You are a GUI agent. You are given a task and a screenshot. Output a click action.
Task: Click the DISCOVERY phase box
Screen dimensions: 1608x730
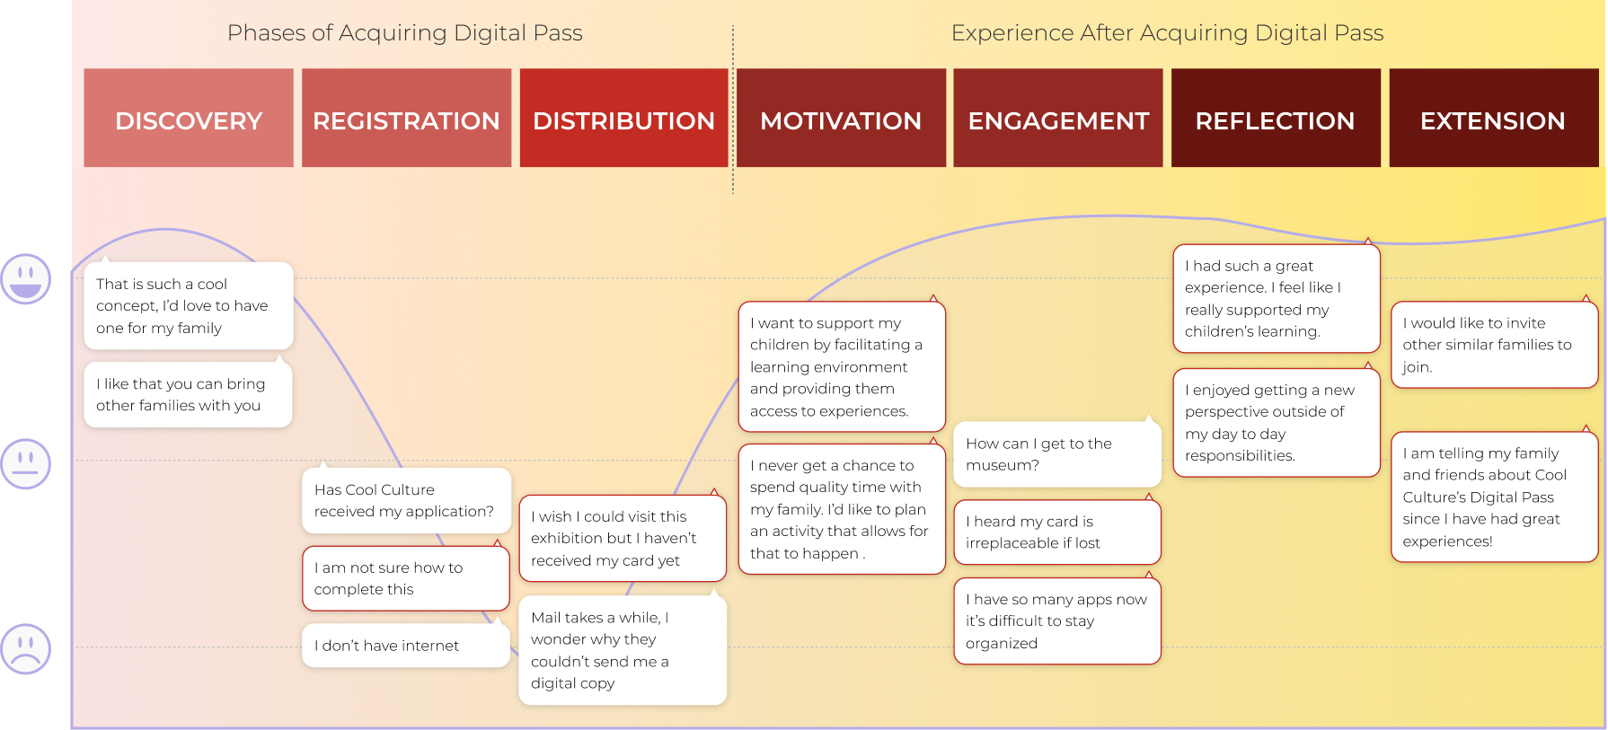point(189,118)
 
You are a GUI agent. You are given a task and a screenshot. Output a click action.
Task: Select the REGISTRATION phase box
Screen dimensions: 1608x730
point(406,118)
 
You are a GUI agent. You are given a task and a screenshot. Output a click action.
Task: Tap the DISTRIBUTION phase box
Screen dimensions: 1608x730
point(623,118)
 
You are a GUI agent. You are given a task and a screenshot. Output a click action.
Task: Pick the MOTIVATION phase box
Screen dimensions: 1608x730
point(841,118)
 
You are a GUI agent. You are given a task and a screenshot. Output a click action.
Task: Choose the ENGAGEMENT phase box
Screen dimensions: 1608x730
point(1058,118)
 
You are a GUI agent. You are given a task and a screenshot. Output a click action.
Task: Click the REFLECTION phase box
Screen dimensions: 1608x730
point(1276,118)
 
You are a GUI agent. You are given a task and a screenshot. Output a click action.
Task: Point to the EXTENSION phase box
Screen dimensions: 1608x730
point(1493,118)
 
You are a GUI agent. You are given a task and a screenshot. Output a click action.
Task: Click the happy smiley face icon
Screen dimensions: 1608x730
point(25,277)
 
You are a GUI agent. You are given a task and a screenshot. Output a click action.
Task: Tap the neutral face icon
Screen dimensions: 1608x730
point(25,463)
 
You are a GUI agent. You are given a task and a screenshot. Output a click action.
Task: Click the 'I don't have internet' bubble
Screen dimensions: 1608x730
point(405,646)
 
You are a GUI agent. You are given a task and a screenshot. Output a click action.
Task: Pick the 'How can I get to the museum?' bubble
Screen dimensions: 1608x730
point(1057,454)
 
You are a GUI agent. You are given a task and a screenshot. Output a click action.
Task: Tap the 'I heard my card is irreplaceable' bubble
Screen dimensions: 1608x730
point(1057,532)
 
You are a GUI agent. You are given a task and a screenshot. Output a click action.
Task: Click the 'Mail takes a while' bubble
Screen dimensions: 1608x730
point(623,650)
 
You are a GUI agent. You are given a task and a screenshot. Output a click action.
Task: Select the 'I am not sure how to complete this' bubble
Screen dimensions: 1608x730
point(405,578)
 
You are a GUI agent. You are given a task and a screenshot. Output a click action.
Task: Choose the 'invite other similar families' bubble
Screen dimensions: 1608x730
point(1494,345)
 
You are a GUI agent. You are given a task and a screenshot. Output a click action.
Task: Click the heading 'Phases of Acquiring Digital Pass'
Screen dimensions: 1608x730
point(404,33)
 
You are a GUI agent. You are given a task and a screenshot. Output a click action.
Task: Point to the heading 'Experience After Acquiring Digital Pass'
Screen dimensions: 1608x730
point(1167,33)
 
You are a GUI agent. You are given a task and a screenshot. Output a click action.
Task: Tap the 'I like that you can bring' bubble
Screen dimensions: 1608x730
point(188,395)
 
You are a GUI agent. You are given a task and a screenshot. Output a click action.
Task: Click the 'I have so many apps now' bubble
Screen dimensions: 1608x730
point(1057,621)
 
